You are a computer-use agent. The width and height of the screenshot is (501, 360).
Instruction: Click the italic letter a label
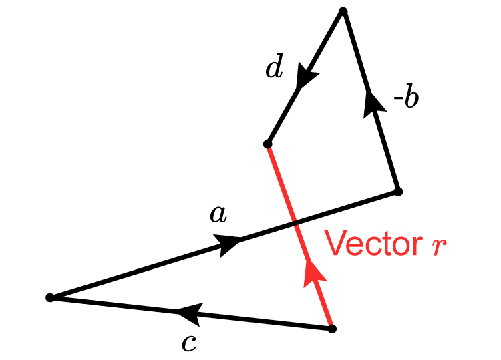tap(218, 214)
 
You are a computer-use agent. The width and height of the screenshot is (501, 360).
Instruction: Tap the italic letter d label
tap(274, 69)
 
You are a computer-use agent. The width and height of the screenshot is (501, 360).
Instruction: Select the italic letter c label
tap(189, 343)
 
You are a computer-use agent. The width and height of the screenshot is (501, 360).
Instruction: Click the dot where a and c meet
tap(50, 297)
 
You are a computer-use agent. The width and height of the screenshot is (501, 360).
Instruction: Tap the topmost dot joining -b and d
tap(343, 11)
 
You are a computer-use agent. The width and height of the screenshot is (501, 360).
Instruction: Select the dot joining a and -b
tap(398, 192)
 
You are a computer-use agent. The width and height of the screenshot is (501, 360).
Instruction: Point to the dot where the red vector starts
tap(332, 329)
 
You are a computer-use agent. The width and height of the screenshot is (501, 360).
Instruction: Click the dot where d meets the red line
tap(268, 144)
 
